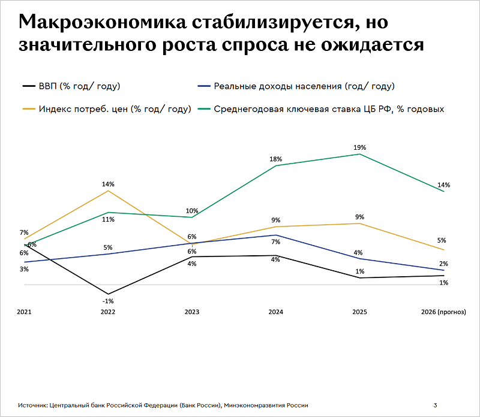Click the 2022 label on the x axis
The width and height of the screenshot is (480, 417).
coord(108,312)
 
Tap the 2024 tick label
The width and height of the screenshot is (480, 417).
coord(276,312)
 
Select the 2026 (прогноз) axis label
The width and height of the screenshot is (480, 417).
coord(443,312)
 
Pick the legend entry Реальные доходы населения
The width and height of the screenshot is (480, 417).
coord(304,86)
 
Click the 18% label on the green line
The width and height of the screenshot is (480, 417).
coord(276,159)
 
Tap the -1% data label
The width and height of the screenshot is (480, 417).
coord(108,301)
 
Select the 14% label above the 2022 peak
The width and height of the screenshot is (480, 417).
coord(108,184)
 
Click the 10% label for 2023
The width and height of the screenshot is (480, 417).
coord(192,211)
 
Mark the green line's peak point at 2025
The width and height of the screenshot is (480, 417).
coord(360,154)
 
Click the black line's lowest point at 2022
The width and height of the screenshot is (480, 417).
coord(108,294)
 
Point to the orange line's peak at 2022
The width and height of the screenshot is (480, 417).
coord(108,191)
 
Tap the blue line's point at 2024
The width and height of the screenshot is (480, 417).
coord(276,235)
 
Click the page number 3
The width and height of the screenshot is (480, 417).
coord(435,406)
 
